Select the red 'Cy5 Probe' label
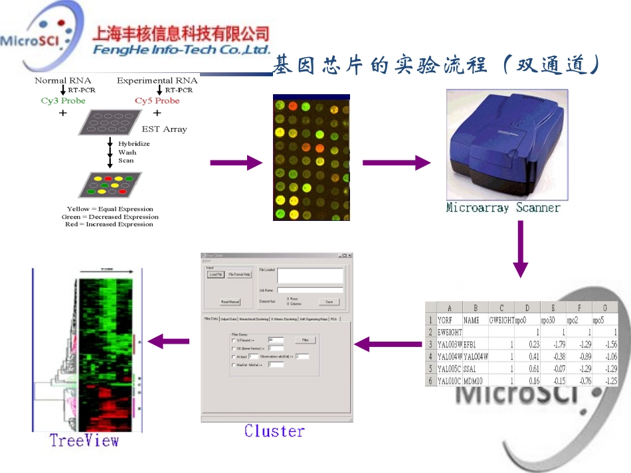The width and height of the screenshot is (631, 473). pos(157,101)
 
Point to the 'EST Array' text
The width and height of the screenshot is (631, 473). pos(164,129)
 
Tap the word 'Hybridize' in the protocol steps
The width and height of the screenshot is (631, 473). pos(134,143)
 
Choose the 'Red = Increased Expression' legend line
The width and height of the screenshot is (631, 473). pos(109,224)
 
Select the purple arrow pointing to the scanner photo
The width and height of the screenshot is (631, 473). pos(397,163)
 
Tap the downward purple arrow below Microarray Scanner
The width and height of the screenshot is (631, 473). pos(520,249)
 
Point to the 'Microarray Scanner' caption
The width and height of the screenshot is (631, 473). pos(503,208)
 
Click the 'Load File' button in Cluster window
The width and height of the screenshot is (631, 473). pos(216,274)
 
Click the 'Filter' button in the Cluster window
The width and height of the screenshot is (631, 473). pos(305,339)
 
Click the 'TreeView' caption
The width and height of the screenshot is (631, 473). pos(84,440)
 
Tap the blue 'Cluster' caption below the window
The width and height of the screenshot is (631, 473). pos(274,431)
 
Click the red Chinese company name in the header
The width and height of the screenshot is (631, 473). pos(181,33)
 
